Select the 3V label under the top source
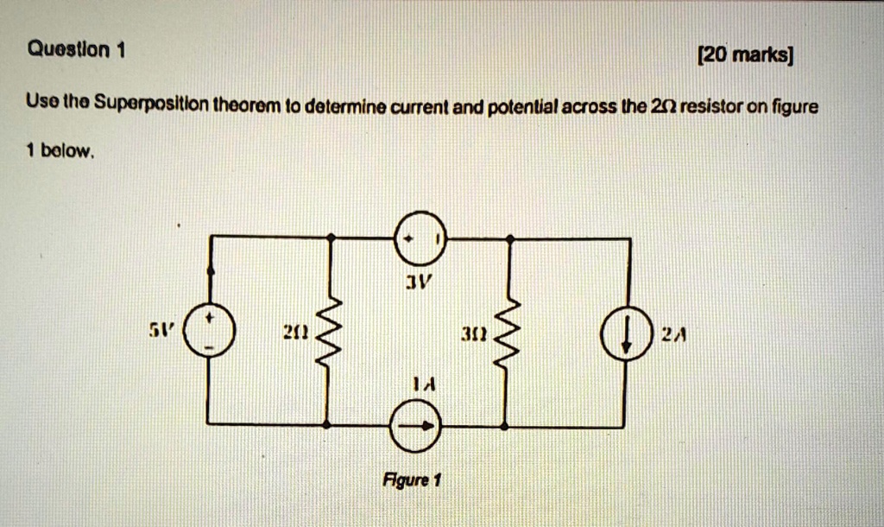(x=418, y=282)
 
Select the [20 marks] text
(x=744, y=56)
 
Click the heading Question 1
(x=76, y=51)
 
